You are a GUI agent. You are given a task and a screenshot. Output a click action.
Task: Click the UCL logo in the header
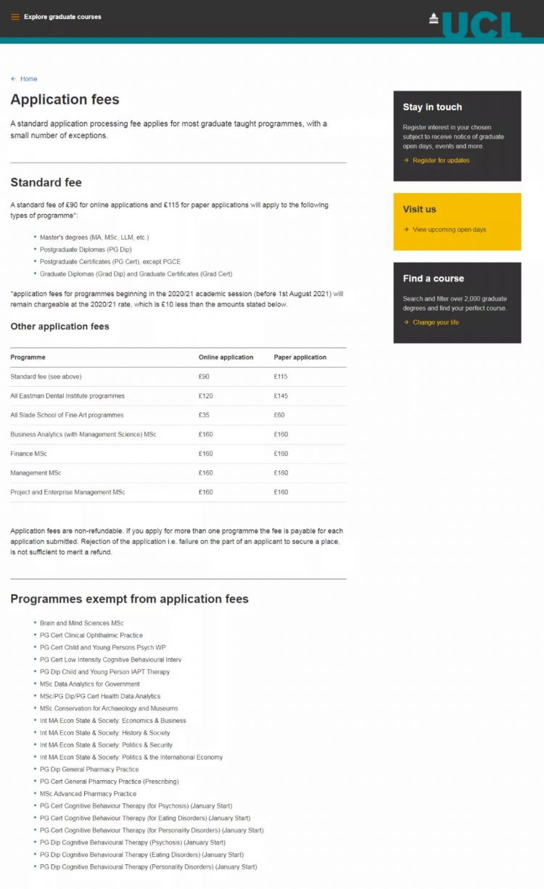coord(475,24)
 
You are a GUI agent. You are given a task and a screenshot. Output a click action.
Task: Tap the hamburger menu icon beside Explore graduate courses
coord(15,17)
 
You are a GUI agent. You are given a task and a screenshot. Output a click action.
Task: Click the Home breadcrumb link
coord(28,79)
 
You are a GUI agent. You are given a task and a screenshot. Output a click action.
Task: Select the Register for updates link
coord(440,160)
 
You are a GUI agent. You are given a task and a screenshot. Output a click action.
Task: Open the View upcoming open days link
coord(449,229)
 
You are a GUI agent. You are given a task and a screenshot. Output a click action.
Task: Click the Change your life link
coord(435,322)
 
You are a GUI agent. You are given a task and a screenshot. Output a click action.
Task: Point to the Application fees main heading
coord(65,99)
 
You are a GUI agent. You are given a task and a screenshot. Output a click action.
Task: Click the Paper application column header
coord(300,357)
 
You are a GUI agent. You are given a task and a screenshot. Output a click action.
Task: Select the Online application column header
coord(226,357)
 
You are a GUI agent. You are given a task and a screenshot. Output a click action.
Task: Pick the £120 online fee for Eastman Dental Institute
coord(206,396)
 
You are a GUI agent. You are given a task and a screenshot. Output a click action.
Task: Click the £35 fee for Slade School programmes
coord(204,415)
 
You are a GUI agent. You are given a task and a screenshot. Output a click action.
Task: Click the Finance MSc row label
coord(29,454)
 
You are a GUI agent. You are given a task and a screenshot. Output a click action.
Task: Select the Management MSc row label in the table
coord(33,472)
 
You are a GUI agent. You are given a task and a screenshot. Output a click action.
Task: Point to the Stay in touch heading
coord(432,107)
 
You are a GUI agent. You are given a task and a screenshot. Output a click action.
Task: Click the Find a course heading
coord(433,278)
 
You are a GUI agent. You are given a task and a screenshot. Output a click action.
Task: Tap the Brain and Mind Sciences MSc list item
coord(81,623)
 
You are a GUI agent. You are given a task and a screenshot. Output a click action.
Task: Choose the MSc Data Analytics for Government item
coord(89,684)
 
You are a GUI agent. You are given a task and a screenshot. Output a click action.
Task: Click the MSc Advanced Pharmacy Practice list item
coord(88,794)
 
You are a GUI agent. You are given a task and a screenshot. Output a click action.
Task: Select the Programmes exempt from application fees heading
coord(129,599)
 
